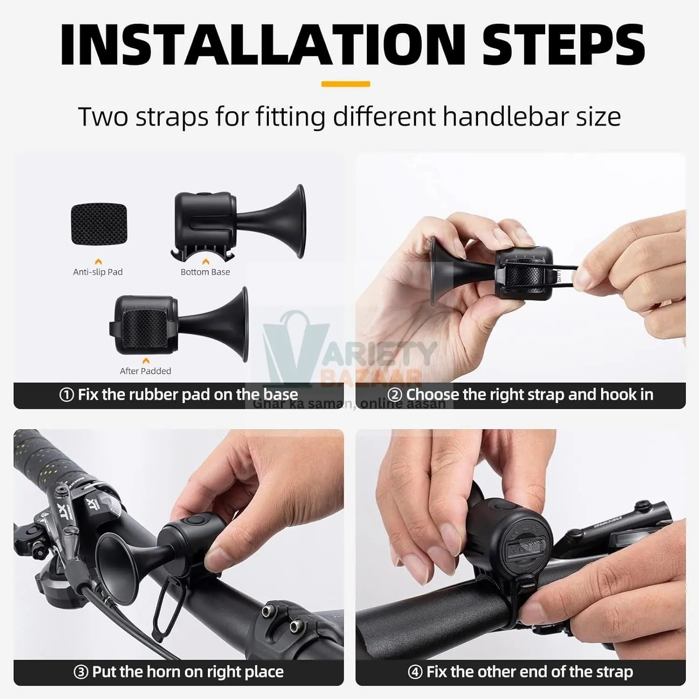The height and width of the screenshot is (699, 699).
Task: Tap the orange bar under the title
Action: click(345, 84)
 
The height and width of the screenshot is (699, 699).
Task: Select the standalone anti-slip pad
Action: click(99, 224)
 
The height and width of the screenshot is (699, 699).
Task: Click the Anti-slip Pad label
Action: click(98, 272)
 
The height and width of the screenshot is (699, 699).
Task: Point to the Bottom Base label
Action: click(205, 272)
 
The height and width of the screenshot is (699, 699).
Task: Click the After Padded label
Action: click(145, 371)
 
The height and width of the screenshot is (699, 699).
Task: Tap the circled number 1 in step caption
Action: click(67, 395)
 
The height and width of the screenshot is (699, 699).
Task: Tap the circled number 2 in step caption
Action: click(395, 395)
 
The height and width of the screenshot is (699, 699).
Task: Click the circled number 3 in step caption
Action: click(81, 672)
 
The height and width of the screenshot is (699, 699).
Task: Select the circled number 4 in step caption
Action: click(415, 672)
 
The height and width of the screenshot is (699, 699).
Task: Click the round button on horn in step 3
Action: click(192, 521)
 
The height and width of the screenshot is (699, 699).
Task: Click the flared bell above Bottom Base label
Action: click(294, 221)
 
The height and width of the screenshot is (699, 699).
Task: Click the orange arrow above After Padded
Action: click(146, 361)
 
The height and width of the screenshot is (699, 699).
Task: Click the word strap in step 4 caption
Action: click(613, 672)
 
